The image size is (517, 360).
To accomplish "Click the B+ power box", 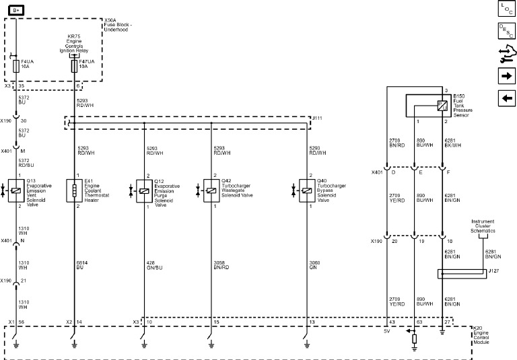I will (16, 9).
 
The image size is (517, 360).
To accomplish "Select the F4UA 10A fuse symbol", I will (16, 66).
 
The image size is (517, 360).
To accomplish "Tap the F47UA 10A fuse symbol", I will (73, 65).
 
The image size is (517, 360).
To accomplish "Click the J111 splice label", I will (317, 118).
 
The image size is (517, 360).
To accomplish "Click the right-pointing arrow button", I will (506, 75).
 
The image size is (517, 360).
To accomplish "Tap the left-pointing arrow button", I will (506, 98).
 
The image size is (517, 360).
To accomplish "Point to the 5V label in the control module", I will (387, 330).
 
